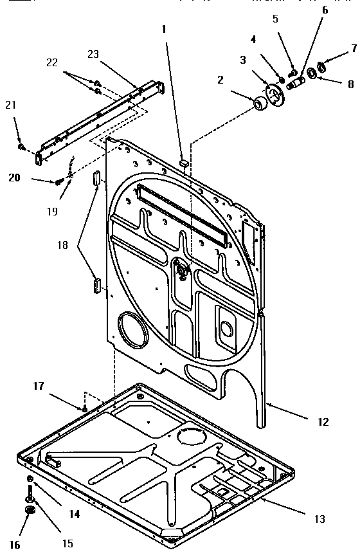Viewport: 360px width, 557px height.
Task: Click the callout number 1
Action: pyautogui.click(x=163, y=29)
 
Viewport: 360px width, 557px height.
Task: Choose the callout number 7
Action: pyautogui.click(x=353, y=48)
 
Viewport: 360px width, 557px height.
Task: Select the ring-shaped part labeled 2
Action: pyautogui.click(x=261, y=103)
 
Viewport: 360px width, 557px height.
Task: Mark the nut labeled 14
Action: pyautogui.click(x=30, y=480)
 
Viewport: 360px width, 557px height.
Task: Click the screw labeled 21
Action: pyautogui.click(x=22, y=147)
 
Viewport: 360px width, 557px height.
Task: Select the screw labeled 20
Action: pyautogui.click(x=59, y=183)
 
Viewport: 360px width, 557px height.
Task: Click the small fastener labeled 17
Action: pyautogui.click(x=85, y=408)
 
